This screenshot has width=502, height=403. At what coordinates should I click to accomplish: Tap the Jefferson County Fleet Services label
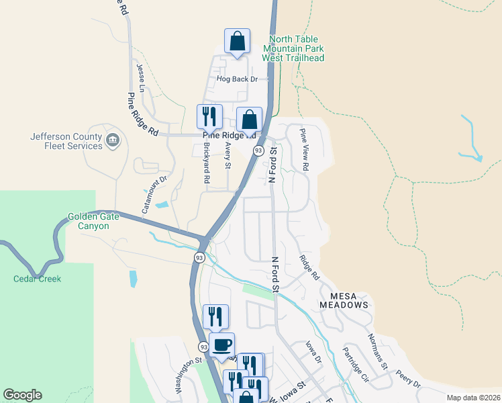coord(66,141)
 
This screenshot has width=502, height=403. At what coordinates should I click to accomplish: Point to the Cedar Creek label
coord(38,279)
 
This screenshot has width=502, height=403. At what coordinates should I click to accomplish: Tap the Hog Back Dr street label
coord(237,79)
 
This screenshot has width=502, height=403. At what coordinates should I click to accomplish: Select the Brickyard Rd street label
coord(207,164)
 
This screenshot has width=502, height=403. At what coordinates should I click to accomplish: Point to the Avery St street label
coord(228,156)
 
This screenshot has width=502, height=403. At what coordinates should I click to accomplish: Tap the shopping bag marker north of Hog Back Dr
coord(237,42)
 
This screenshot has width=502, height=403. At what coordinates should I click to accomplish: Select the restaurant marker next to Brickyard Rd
coord(209,117)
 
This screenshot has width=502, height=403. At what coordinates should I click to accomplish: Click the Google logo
coord(23,395)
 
